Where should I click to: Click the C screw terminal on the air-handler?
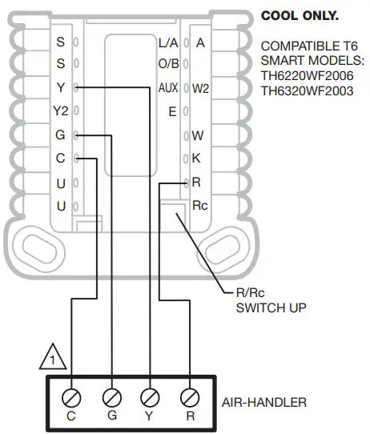pyautogui.click(x=72, y=396)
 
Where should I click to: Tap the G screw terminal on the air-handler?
pyautogui.click(x=111, y=396)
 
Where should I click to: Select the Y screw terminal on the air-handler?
pyautogui.click(x=150, y=396)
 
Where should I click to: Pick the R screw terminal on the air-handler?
pyautogui.click(x=189, y=396)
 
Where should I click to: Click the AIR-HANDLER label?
pyautogui.click(x=263, y=402)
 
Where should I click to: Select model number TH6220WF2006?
pyautogui.click(x=305, y=77)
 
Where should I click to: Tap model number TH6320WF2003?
pyautogui.click(x=305, y=91)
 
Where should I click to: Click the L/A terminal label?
pyautogui.click(x=168, y=42)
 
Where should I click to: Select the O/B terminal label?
pyautogui.click(x=168, y=64)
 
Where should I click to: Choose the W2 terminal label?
pyautogui.click(x=200, y=88)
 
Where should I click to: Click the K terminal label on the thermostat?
pyautogui.click(x=197, y=159)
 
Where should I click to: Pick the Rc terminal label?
pyautogui.click(x=200, y=206)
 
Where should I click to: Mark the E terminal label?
pyautogui.click(x=172, y=111)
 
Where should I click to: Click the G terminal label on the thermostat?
pyautogui.click(x=60, y=135)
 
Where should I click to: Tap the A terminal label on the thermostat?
pyautogui.click(x=200, y=42)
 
